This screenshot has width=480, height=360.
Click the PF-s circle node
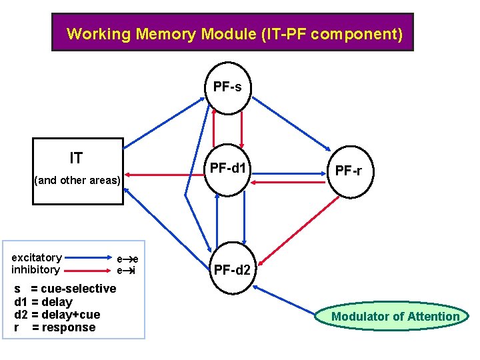coord(227,87)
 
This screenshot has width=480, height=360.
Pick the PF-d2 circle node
coord(231,270)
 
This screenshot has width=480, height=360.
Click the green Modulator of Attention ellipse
coord(395,317)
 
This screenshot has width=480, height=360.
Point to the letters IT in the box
coord(77,158)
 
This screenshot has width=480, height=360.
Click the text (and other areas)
coord(77,180)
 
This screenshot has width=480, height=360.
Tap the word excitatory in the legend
coord(37,257)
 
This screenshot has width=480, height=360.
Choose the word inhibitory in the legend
coord(35,269)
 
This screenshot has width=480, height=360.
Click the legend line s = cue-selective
coord(65,289)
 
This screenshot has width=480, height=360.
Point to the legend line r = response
coord(55,327)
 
